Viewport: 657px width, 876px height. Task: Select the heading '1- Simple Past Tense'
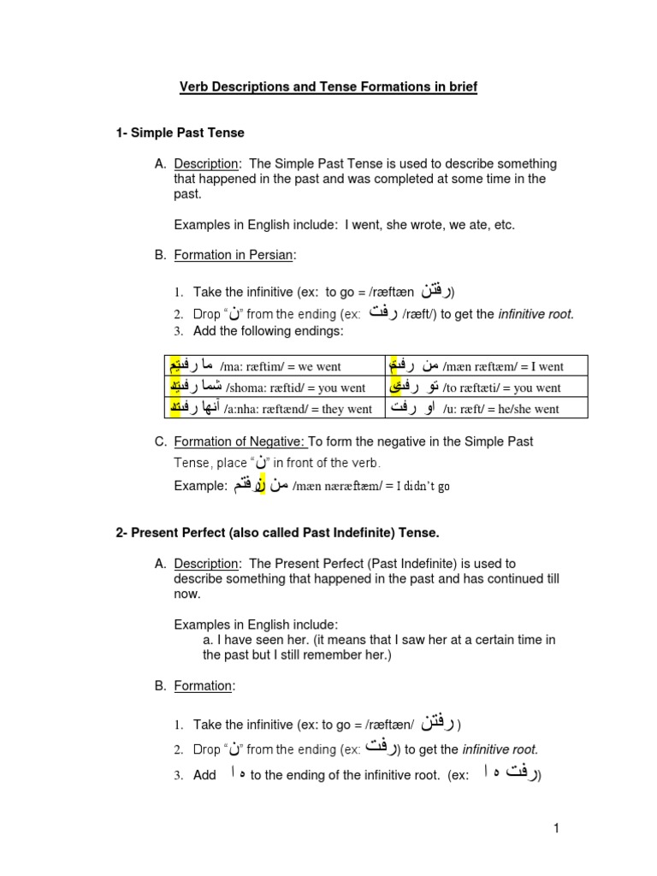tap(181, 133)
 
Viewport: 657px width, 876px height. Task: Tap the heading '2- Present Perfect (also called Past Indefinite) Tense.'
tap(277, 533)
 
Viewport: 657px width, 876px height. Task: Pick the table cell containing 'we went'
tap(274, 366)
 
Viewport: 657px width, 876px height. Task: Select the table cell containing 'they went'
tap(274, 408)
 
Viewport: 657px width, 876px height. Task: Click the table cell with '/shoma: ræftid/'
tap(274, 388)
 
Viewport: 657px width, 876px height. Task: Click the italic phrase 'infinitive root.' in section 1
tap(536, 314)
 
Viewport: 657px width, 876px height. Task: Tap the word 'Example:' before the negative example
tap(201, 486)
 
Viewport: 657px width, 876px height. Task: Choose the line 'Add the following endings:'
tap(268, 330)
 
